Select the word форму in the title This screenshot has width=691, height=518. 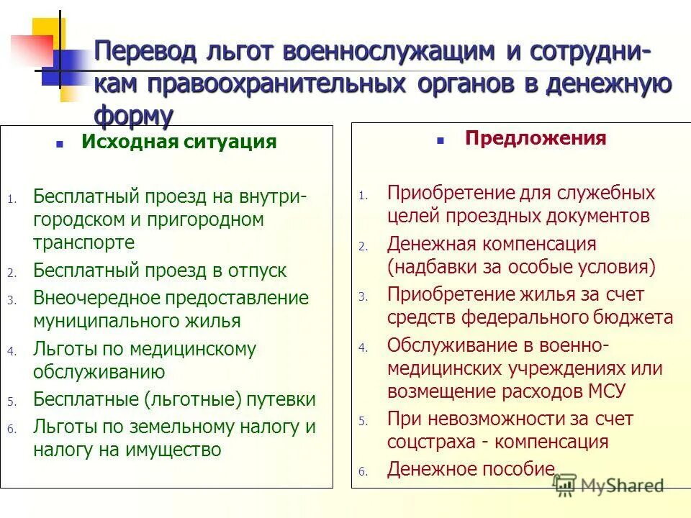click(x=134, y=115)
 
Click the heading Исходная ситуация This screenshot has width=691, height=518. click(x=179, y=142)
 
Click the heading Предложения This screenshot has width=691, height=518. click(x=536, y=138)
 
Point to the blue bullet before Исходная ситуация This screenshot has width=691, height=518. click(x=61, y=143)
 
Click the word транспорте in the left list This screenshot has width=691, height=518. click(x=83, y=242)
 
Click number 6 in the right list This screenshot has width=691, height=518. click(x=363, y=473)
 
